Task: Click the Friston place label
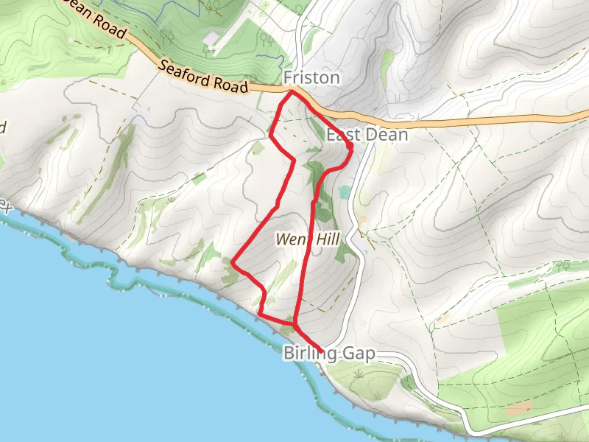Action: pos(312,77)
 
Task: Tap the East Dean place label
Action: pos(367,136)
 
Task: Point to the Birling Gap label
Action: pos(329,354)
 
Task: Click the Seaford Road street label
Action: pos(203,76)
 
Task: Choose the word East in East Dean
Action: pos(343,136)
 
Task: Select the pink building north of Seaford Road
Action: pos(211,38)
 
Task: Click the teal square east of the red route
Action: pos(345,192)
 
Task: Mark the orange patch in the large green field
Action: pos(520,407)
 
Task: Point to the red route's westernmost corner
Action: pos(233,262)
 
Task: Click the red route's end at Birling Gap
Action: pos(322,349)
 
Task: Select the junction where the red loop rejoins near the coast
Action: pos(294,323)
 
